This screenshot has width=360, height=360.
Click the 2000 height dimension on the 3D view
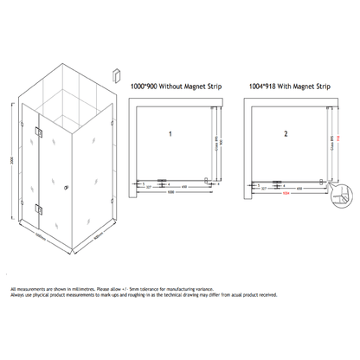tap(11, 161)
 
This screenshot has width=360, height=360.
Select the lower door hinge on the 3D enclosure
tap(39, 207)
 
